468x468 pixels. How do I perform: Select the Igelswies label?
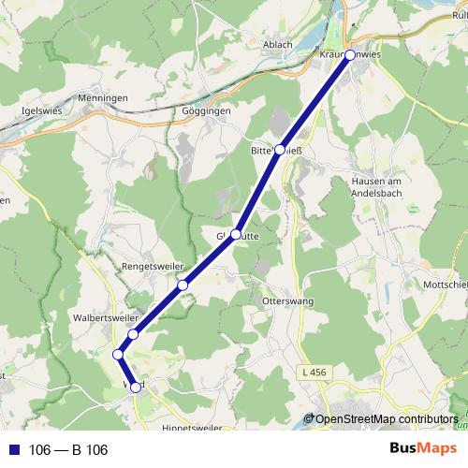(x=40, y=110)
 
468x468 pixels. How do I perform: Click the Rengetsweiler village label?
(x=153, y=267)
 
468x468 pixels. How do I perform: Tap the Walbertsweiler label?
(x=105, y=317)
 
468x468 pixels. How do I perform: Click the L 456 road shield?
(x=317, y=373)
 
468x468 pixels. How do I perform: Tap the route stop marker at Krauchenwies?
(x=350, y=55)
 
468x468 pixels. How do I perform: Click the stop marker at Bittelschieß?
(x=280, y=150)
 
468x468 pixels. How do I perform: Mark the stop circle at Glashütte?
(x=237, y=234)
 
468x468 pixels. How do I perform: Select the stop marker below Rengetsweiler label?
(x=183, y=285)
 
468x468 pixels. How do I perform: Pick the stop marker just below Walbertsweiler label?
(x=134, y=334)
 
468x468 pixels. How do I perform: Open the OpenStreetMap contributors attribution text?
(x=386, y=419)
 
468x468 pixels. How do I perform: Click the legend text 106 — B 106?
(x=68, y=450)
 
